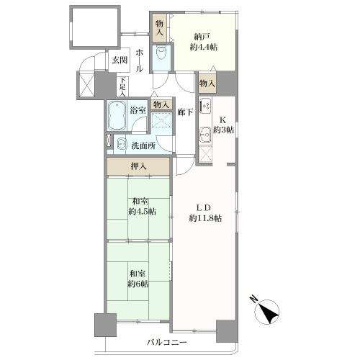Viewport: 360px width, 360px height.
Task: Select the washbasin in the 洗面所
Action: point(122,144)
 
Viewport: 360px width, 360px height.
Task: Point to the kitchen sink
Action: point(205,135)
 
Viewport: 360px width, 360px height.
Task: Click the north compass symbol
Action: point(267,311)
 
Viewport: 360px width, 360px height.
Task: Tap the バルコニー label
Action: point(167,342)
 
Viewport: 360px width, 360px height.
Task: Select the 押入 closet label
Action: point(138,166)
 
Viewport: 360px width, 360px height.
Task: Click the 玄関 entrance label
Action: point(120,60)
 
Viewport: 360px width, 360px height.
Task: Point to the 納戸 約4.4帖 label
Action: point(204,42)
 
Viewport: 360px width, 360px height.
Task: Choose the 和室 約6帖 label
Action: point(138,279)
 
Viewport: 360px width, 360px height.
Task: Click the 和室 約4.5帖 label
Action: point(142,206)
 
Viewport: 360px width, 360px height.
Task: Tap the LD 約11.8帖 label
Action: point(205,213)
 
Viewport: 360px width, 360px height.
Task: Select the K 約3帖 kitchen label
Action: point(223,125)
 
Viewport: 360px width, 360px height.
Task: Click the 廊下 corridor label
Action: point(185,112)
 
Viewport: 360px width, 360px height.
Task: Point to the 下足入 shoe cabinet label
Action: point(122,86)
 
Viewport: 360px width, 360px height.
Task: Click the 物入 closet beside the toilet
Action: point(160,27)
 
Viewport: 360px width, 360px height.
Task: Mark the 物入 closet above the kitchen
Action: point(207,84)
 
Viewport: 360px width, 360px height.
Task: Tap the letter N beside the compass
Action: point(253,300)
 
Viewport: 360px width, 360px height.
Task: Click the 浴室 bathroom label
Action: point(138,111)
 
